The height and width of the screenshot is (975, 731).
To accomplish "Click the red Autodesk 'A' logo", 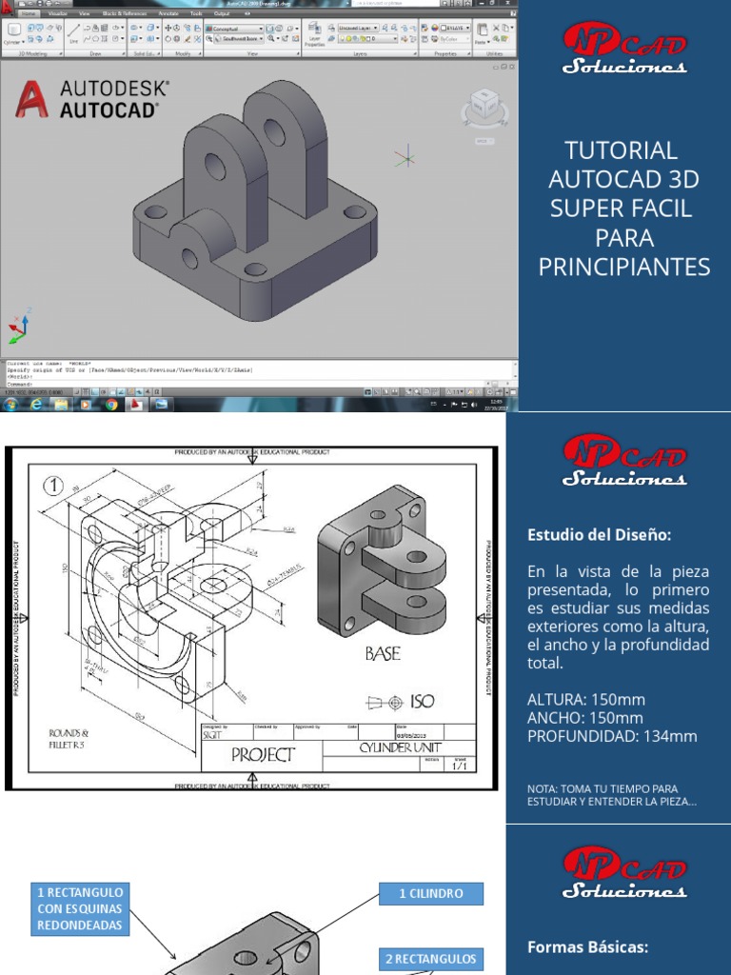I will [x=32, y=99].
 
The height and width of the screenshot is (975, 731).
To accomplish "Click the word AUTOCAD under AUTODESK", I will [x=109, y=109].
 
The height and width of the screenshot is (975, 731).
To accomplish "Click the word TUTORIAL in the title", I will [x=621, y=149].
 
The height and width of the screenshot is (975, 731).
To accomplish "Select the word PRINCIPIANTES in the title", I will [x=624, y=267].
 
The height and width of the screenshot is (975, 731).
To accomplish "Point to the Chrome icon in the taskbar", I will [x=111, y=405].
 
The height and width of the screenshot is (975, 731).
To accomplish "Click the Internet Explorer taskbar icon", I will [x=37, y=405].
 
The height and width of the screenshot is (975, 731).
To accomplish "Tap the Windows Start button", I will [x=10, y=405].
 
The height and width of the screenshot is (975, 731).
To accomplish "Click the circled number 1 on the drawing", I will [x=54, y=485].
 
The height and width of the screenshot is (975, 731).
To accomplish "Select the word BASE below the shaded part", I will [x=383, y=654].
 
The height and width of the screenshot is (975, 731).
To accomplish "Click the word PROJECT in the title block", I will [x=263, y=756].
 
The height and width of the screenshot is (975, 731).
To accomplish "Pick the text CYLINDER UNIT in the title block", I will [x=400, y=748].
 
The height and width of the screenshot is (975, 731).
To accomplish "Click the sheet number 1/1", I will [x=459, y=766].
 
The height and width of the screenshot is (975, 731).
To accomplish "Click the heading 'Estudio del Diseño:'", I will [x=599, y=535].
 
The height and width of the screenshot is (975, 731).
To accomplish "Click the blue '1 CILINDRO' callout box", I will [x=431, y=893].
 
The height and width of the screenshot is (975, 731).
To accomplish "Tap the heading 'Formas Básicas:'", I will [x=587, y=946].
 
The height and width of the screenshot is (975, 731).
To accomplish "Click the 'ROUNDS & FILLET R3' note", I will [x=69, y=740].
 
